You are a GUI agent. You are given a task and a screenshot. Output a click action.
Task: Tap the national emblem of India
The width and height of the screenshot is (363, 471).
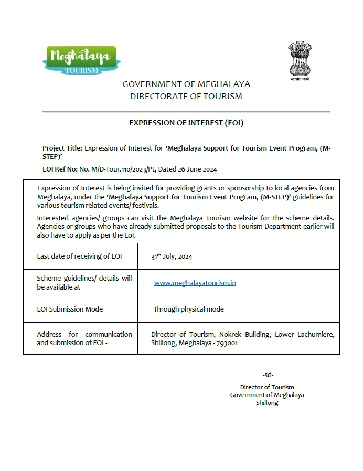tap(300, 60)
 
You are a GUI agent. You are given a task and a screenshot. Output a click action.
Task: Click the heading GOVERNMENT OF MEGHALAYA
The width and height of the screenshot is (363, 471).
tap(186, 84)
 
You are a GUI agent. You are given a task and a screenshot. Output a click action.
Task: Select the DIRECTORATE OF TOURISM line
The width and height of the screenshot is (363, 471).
tap(186, 97)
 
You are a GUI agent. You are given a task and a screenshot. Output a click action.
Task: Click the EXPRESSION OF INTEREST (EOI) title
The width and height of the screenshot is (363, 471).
tap(186, 123)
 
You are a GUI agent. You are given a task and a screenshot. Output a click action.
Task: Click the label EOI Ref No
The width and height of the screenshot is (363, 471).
tap(59, 169)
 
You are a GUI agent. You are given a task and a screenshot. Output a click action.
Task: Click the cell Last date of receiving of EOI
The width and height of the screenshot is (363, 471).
tap(79, 256)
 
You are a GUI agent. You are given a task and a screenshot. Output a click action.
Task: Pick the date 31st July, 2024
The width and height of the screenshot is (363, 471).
tap(172, 256)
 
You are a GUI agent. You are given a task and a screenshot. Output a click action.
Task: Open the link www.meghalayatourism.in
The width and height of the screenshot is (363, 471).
tap(195, 283)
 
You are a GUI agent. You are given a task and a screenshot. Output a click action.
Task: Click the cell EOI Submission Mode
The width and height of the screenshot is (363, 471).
tap(70, 309)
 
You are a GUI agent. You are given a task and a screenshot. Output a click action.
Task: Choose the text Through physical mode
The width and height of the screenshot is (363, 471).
tap(188, 309)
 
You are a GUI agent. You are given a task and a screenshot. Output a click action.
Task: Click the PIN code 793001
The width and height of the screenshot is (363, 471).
tap(227, 343)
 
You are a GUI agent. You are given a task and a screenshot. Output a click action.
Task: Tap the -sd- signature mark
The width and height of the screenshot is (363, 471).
tap(268, 375)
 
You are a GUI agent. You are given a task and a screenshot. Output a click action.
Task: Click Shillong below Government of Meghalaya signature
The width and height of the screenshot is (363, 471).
tap(267, 403)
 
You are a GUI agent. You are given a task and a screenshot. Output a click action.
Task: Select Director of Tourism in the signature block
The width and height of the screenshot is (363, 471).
tap(267, 387)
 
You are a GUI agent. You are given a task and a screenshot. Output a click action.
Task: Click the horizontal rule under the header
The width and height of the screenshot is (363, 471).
tap(186, 112)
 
